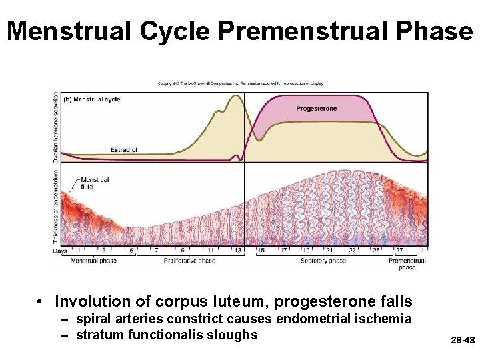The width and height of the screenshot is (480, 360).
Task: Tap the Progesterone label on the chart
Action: (316, 108)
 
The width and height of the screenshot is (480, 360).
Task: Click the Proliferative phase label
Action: (189, 261)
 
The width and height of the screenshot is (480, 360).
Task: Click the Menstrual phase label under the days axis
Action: (95, 261)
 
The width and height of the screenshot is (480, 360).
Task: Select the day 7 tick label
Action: (157, 251)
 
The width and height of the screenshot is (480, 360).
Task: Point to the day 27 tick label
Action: (399, 251)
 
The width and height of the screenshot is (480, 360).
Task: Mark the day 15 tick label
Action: (261, 251)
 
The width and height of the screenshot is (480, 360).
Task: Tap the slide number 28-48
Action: (462, 340)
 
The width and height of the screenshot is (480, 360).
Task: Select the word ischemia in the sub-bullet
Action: (389, 319)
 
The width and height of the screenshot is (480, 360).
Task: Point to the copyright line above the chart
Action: (241, 83)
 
